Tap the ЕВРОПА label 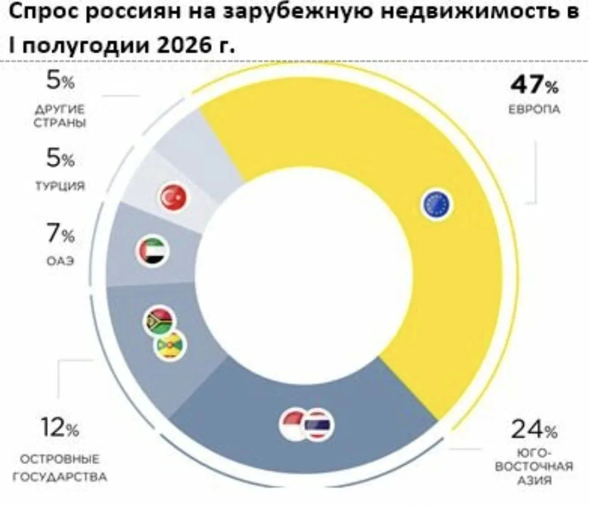click(x=535, y=109)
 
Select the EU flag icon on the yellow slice click(x=436, y=204)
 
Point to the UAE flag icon click(x=153, y=251)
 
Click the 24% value click(x=535, y=430)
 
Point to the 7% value click(x=60, y=234)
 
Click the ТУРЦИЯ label click(x=60, y=186)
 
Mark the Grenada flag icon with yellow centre click(x=170, y=346)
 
